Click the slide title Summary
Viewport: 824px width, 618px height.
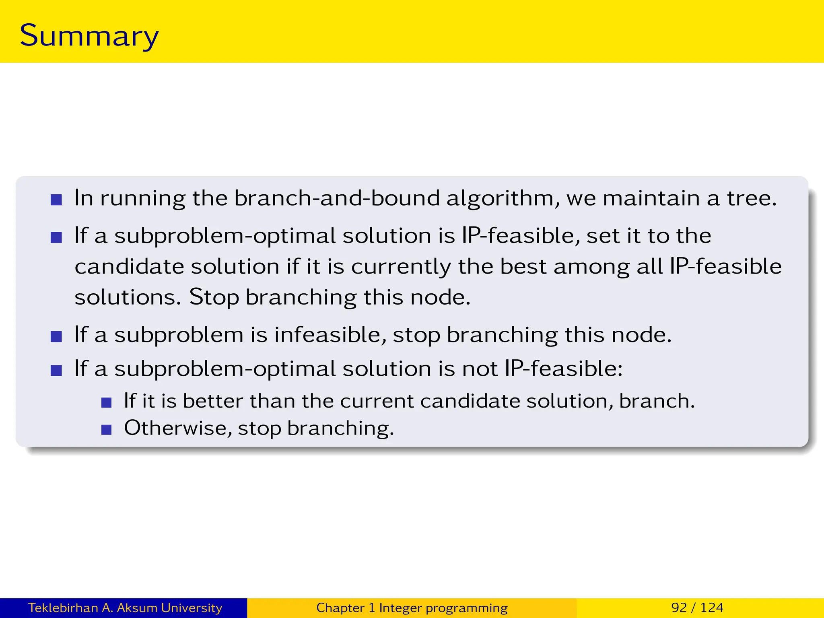(89, 36)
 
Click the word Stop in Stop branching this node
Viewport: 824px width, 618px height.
(214, 297)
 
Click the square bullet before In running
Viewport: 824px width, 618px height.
(56, 200)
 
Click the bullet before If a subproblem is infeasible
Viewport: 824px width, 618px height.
(56, 336)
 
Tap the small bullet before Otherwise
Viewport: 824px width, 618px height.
(106, 430)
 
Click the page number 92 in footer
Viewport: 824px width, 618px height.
(679, 608)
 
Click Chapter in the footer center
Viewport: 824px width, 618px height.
(340, 608)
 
